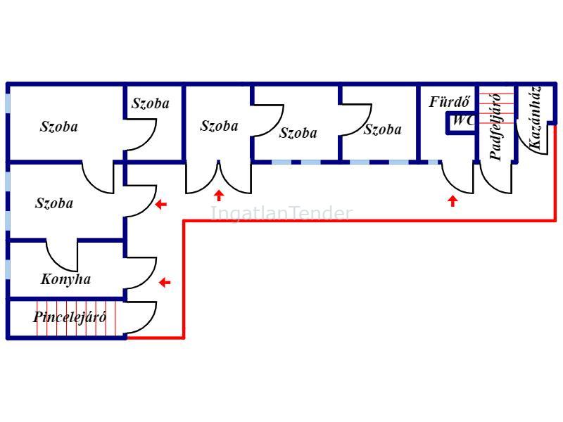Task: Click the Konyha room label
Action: coord(65,279)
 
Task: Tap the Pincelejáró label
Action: coord(70,317)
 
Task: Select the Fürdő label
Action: coord(449,102)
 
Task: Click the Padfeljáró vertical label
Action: coord(495,127)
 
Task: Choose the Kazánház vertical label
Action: coord(534,118)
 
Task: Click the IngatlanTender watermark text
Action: coord(281,213)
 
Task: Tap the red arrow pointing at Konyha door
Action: coord(165,283)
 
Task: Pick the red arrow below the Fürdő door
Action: coord(453,201)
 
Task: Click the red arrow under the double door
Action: coord(219,196)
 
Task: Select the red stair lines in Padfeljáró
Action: coord(496,108)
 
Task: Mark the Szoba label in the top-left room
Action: coord(58,127)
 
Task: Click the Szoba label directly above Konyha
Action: coord(54,203)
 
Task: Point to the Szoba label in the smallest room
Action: coord(151,103)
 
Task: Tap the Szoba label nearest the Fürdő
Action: coord(382,129)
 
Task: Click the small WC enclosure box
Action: coord(461,123)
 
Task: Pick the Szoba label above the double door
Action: coord(219,126)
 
